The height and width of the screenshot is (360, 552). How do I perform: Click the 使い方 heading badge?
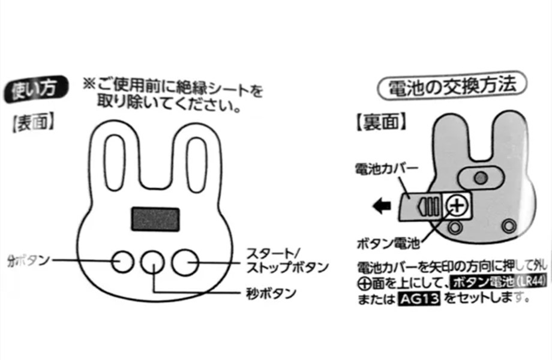[x=35, y=89]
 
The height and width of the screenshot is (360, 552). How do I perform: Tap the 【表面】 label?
[x=34, y=123]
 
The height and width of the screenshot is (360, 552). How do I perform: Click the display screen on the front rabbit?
[x=155, y=219]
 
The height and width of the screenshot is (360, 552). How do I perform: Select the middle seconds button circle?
[x=153, y=263]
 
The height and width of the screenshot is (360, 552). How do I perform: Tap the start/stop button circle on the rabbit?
[x=185, y=262]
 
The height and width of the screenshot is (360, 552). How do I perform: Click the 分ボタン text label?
[x=29, y=261]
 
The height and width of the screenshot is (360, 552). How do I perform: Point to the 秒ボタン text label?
[x=271, y=293]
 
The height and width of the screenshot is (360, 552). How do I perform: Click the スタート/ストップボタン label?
[x=287, y=261]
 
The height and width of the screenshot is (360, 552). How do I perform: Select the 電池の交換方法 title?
[x=452, y=86]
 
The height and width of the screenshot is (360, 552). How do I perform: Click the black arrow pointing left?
[x=382, y=206]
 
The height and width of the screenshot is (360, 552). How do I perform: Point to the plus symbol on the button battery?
[x=457, y=205]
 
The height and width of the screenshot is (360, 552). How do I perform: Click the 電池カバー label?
[x=386, y=169]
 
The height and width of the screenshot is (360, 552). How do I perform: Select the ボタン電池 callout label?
[x=388, y=243]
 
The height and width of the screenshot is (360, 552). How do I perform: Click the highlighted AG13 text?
[x=419, y=299]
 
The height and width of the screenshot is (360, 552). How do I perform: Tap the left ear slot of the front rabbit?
[x=115, y=162]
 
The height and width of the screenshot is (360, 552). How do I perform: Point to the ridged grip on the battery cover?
[x=428, y=206]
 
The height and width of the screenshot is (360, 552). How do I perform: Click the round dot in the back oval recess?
[x=481, y=177]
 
